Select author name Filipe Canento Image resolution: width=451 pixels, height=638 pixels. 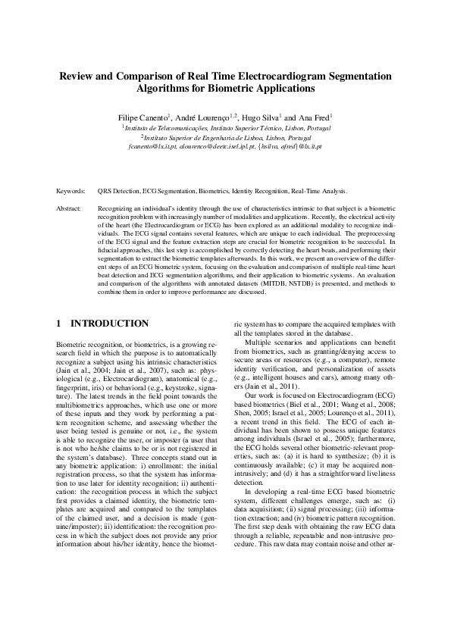(x=142, y=118)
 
